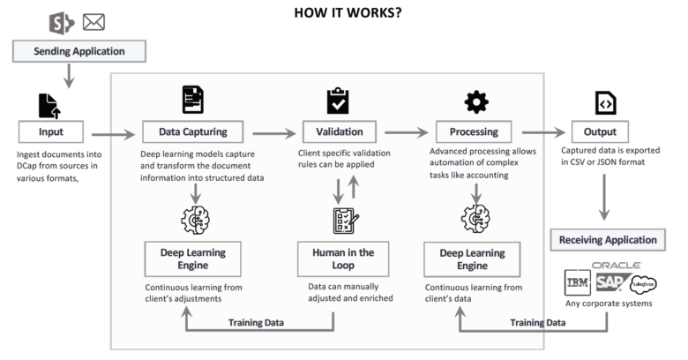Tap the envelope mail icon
[93, 21]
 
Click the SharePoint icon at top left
[64, 20]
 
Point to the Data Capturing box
[195, 132]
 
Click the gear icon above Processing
[476, 102]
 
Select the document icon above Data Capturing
[192, 100]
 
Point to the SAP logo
[609, 283]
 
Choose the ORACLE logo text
[616, 265]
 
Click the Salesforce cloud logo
[643, 284]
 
